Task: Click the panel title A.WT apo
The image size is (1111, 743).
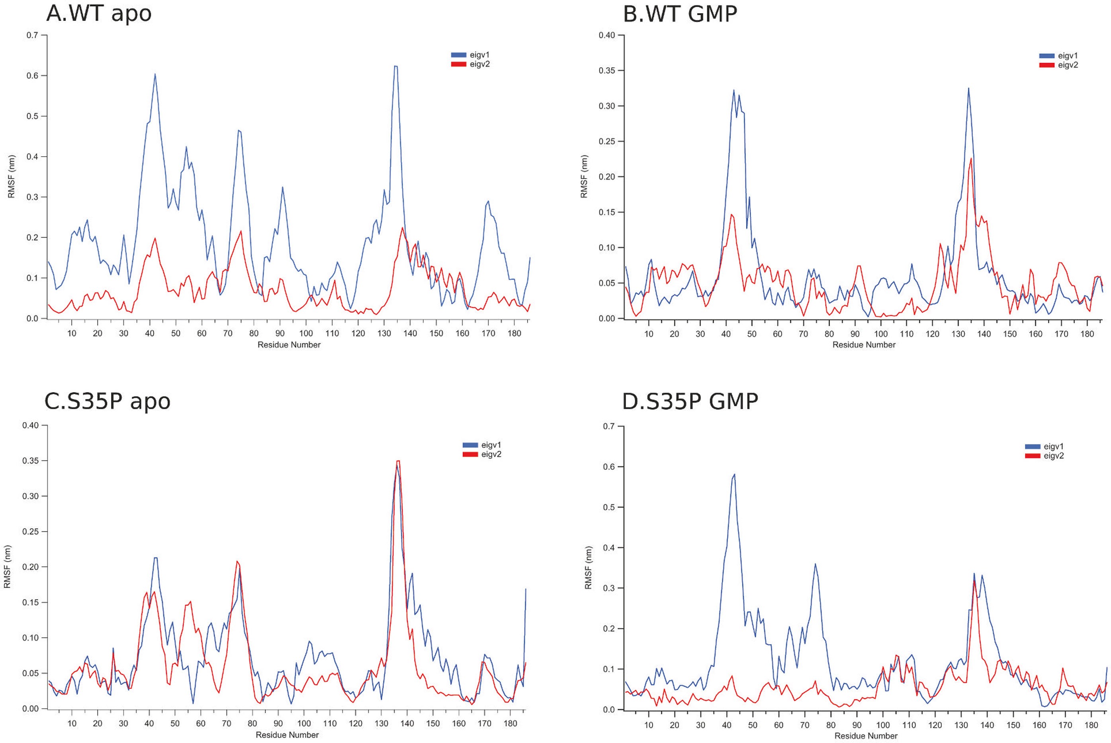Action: point(98,13)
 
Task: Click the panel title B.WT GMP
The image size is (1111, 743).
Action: point(680,14)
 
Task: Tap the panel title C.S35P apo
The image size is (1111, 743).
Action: point(107,401)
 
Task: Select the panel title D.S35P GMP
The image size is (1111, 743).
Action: point(690,401)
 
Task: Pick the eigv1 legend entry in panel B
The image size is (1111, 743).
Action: point(1058,56)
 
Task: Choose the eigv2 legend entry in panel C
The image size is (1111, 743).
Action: point(482,454)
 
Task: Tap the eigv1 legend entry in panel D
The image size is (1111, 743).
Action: point(1044,446)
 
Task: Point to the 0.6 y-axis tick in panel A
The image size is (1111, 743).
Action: point(33,76)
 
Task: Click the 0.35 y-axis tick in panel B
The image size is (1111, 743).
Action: point(608,71)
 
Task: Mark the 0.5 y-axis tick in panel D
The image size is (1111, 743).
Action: point(609,507)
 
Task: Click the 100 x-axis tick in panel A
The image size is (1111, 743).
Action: point(306,333)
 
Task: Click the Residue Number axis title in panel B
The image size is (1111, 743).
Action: point(863,345)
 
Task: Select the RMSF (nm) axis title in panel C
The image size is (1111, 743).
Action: point(7,567)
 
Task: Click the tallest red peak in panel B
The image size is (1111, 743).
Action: point(971,159)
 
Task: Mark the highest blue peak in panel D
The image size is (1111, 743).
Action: point(734,474)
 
